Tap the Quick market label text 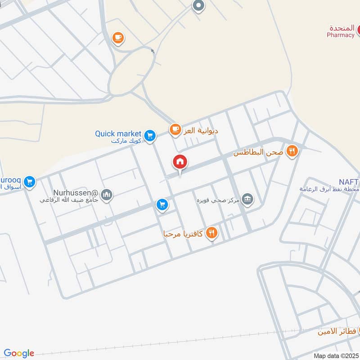(x=118, y=134)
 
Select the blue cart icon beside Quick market (x=150, y=135)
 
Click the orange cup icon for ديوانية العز (x=175, y=130)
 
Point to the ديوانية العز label (x=201, y=130)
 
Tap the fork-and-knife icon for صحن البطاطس (x=292, y=152)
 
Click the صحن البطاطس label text (x=258, y=153)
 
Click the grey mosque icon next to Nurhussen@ (x=107, y=194)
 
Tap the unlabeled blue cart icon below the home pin (x=162, y=205)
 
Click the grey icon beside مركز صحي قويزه (x=247, y=198)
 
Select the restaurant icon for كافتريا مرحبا (x=212, y=233)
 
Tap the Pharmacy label (x=340, y=35)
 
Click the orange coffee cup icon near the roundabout (x=118, y=38)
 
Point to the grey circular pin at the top (x=198, y=6)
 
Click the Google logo (x=19, y=353)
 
